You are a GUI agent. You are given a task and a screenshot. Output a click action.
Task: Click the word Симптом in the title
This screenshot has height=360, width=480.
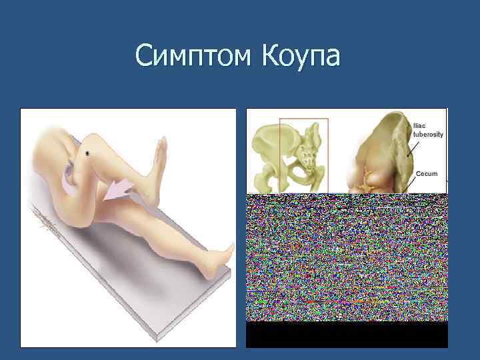click(191, 57)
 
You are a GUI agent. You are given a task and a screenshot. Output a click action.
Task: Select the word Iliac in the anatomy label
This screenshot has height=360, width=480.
click(419, 125)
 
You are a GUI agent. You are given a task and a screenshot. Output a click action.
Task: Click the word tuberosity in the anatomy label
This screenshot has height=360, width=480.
click(428, 134)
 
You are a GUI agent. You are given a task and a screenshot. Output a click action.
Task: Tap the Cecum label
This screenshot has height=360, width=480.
click(427, 174)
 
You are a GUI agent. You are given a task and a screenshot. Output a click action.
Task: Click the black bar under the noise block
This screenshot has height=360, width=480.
click(347, 335)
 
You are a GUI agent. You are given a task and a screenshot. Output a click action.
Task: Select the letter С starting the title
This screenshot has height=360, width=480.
click(143, 57)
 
